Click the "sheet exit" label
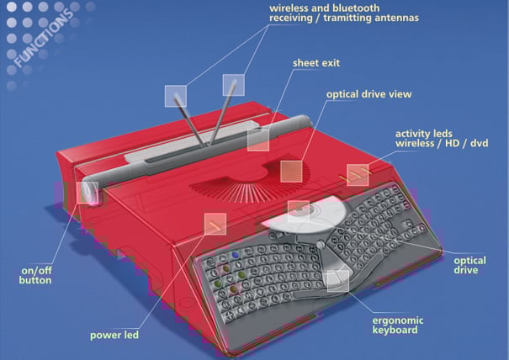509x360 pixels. pyautogui.click(x=316, y=62)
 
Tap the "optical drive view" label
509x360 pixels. pyautogui.click(x=368, y=94)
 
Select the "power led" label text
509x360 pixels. pyautogui.click(x=114, y=335)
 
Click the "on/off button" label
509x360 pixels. pyautogui.click(x=35, y=275)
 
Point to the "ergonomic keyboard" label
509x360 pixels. pyautogui.click(x=398, y=326)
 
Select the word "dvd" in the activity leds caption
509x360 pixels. pyautogui.click(x=480, y=143)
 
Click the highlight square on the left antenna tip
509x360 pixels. pyautogui.click(x=176, y=96)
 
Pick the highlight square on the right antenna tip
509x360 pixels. pyautogui.click(x=233, y=85)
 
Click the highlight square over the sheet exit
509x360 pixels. pyautogui.click(x=258, y=140)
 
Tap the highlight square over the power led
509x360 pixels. pyautogui.click(x=215, y=224)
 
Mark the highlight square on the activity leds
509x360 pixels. pyautogui.click(x=358, y=175)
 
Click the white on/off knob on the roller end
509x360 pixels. pyautogui.click(x=90, y=193)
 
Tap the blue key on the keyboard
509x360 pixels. pyautogui.click(x=235, y=255)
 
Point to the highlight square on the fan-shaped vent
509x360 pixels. pyautogui.click(x=291, y=172)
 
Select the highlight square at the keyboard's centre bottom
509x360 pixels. pyautogui.click(x=338, y=281)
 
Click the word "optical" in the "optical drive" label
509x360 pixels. pyautogui.click(x=469, y=261)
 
